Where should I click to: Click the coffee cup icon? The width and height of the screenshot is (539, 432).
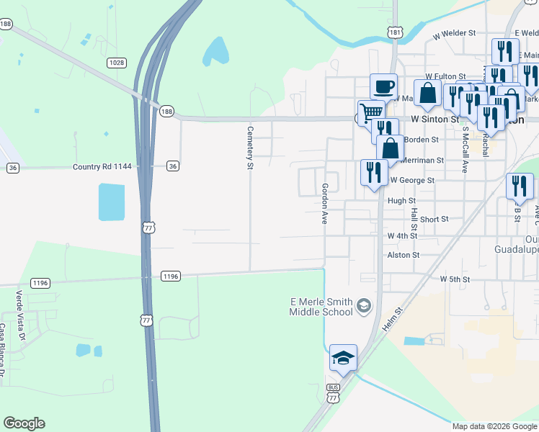[x=383, y=86]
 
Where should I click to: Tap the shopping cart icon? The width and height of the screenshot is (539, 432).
[x=370, y=112]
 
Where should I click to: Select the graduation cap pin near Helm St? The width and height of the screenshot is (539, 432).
[x=343, y=357]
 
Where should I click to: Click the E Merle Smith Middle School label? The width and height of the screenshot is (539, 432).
[x=321, y=307]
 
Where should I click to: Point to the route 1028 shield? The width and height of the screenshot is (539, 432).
[x=117, y=63]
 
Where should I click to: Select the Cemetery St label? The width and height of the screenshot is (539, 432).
[x=251, y=148]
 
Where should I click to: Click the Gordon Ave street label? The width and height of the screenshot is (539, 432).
[x=325, y=204]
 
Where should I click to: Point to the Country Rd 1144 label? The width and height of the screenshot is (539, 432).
[x=102, y=166]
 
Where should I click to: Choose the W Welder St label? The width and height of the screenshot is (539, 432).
[x=455, y=33]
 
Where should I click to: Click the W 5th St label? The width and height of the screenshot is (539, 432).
[x=455, y=279]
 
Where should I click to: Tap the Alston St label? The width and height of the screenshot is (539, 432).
[x=403, y=255]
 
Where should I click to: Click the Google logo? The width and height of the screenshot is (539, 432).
[x=24, y=423]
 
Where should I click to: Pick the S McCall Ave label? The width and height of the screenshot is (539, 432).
[x=465, y=150]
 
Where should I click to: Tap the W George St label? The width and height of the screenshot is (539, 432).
[x=412, y=180]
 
